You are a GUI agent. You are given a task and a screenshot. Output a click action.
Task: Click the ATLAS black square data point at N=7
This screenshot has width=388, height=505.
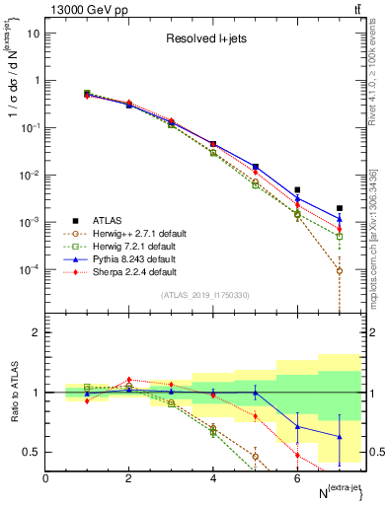coord(340,208)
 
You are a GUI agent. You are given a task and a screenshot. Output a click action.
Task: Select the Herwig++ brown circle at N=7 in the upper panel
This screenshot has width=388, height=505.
coord(340,270)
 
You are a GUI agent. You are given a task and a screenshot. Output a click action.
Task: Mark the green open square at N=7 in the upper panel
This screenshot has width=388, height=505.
coord(340,237)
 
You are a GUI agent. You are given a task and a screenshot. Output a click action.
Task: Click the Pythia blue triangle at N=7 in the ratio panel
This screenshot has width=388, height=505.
coord(340,436)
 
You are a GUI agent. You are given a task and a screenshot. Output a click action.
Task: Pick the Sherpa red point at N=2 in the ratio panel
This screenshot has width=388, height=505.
coord(128,379)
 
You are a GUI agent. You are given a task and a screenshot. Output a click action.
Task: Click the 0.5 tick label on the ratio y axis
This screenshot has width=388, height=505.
coord(31,452)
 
